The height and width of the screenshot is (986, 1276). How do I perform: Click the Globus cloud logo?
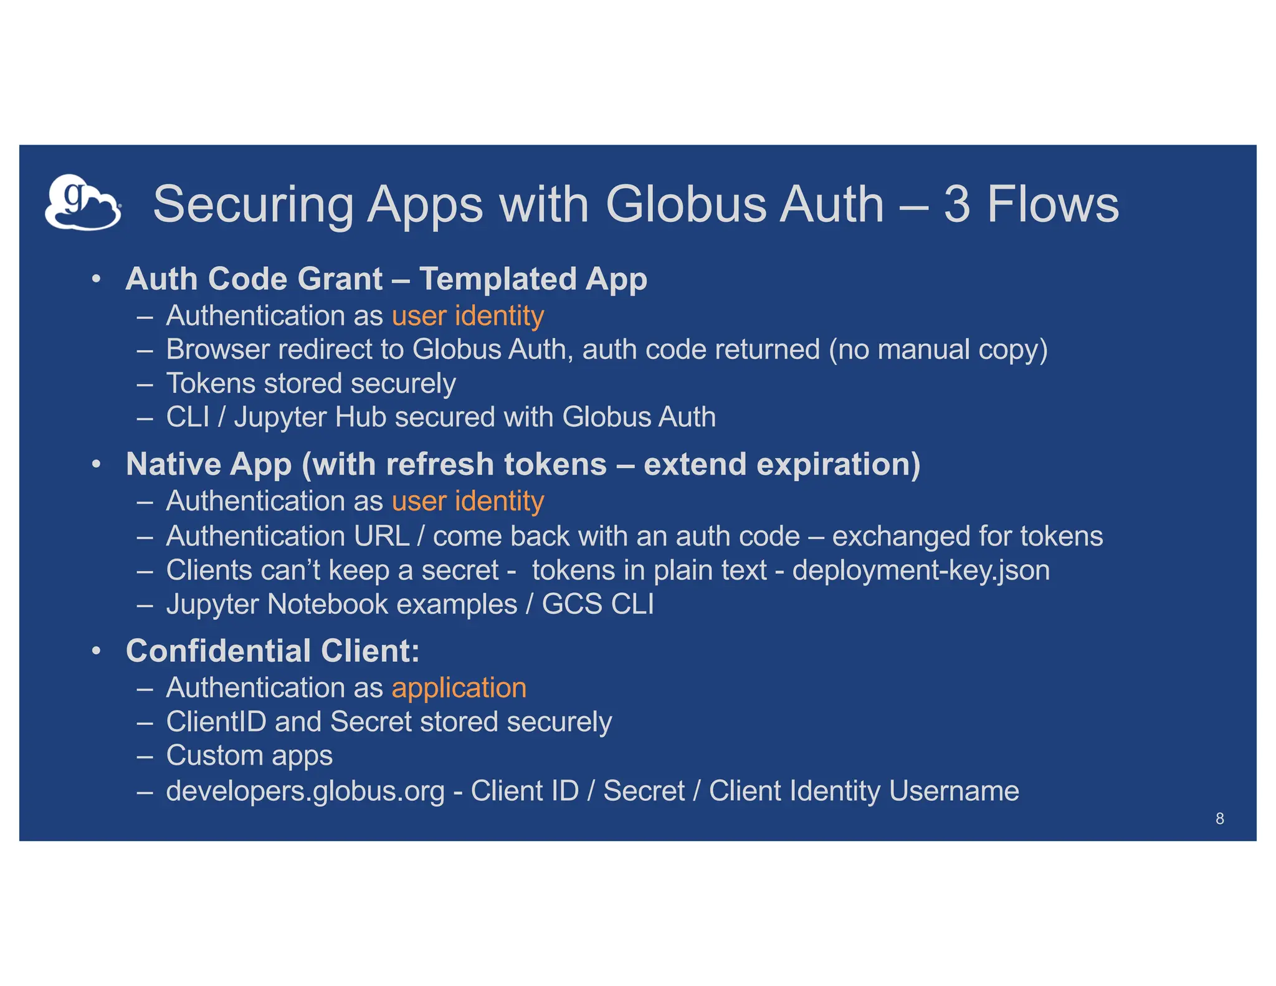pos(83,203)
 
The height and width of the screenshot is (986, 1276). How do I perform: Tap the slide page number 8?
pos(1219,818)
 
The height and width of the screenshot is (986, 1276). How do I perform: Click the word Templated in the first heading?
pos(498,279)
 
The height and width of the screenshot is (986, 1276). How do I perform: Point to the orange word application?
pos(459,687)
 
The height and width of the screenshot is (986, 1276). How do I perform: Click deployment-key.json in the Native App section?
pos(921,570)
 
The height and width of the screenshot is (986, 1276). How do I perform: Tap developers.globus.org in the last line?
pos(305,791)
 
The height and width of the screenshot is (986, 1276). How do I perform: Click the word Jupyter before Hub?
pos(280,418)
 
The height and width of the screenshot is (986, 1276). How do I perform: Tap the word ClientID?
pos(216,722)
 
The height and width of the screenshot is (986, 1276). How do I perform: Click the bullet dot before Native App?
pos(96,464)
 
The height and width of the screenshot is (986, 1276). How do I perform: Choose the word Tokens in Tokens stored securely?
pos(211,383)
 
